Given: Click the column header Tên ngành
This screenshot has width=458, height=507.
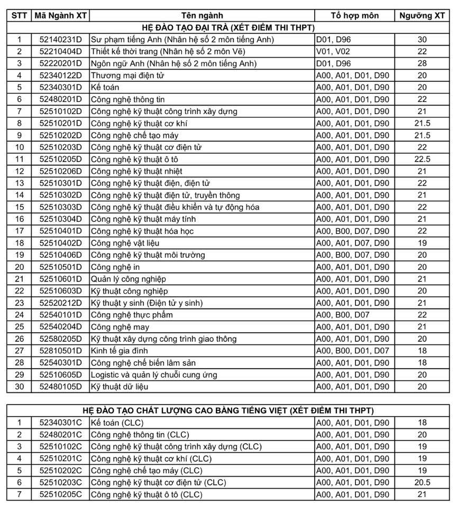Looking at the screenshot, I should [x=201, y=15].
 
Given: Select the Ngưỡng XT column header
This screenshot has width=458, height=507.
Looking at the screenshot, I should [x=422, y=15].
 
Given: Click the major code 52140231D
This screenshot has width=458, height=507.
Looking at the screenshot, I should [x=61, y=40].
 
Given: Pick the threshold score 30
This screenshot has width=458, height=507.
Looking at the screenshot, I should [x=422, y=40].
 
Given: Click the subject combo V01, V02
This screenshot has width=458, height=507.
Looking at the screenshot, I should [x=332, y=51].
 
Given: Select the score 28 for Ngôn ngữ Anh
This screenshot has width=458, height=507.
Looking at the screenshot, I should [x=422, y=63].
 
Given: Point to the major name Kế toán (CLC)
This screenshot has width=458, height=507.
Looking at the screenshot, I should [x=117, y=423].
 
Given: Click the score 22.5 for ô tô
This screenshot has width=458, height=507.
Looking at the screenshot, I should [x=422, y=159].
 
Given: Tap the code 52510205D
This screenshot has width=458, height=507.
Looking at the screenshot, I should [x=61, y=159].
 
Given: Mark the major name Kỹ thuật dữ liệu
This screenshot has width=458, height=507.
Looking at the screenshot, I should [x=120, y=387].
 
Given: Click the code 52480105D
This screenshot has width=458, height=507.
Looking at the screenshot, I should [x=61, y=387].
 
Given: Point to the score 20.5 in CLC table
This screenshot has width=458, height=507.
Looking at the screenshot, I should [x=422, y=483].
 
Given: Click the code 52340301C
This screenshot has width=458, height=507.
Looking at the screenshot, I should [x=61, y=423].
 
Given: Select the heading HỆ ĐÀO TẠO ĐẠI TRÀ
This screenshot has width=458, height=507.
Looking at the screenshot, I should [x=228, y=27].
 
